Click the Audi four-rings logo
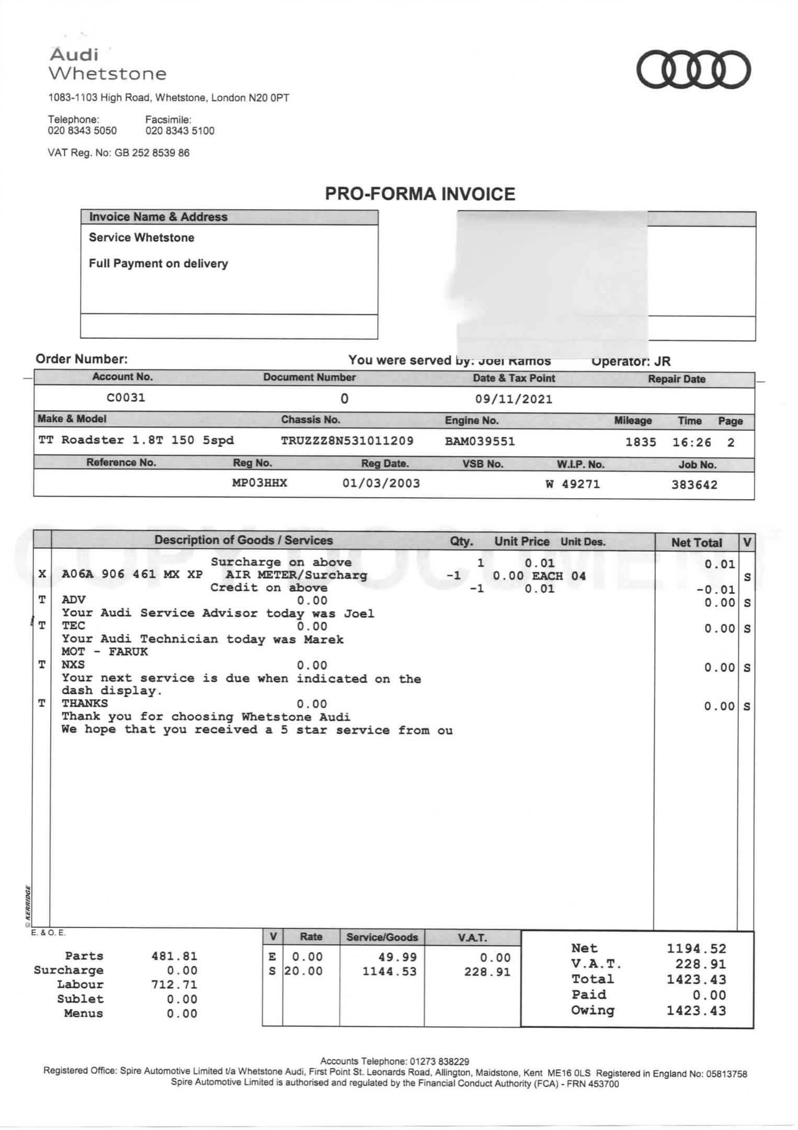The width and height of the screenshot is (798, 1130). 693,70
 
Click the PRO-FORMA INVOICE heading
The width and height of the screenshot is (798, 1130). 420,194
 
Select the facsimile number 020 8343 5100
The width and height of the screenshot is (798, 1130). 180,131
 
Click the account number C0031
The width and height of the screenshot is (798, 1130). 126,398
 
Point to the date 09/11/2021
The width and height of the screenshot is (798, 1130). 514,400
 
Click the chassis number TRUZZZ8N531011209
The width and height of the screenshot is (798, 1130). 347,441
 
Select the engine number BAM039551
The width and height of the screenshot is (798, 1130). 480,442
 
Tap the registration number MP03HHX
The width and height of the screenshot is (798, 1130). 259,483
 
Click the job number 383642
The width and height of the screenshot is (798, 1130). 694,485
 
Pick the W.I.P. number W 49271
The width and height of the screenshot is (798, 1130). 573,484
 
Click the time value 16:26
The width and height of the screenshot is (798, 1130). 692,443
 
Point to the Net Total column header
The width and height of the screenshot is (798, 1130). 696,543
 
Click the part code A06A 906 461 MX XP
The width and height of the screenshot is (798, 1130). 132,574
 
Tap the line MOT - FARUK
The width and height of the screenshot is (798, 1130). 105,652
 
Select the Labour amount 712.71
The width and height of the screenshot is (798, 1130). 174,985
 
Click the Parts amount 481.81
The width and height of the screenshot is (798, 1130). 174,956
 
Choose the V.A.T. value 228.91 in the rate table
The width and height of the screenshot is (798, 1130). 487,972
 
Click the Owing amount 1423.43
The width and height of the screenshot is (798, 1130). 696,1011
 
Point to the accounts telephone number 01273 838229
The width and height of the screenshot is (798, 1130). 439,1061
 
